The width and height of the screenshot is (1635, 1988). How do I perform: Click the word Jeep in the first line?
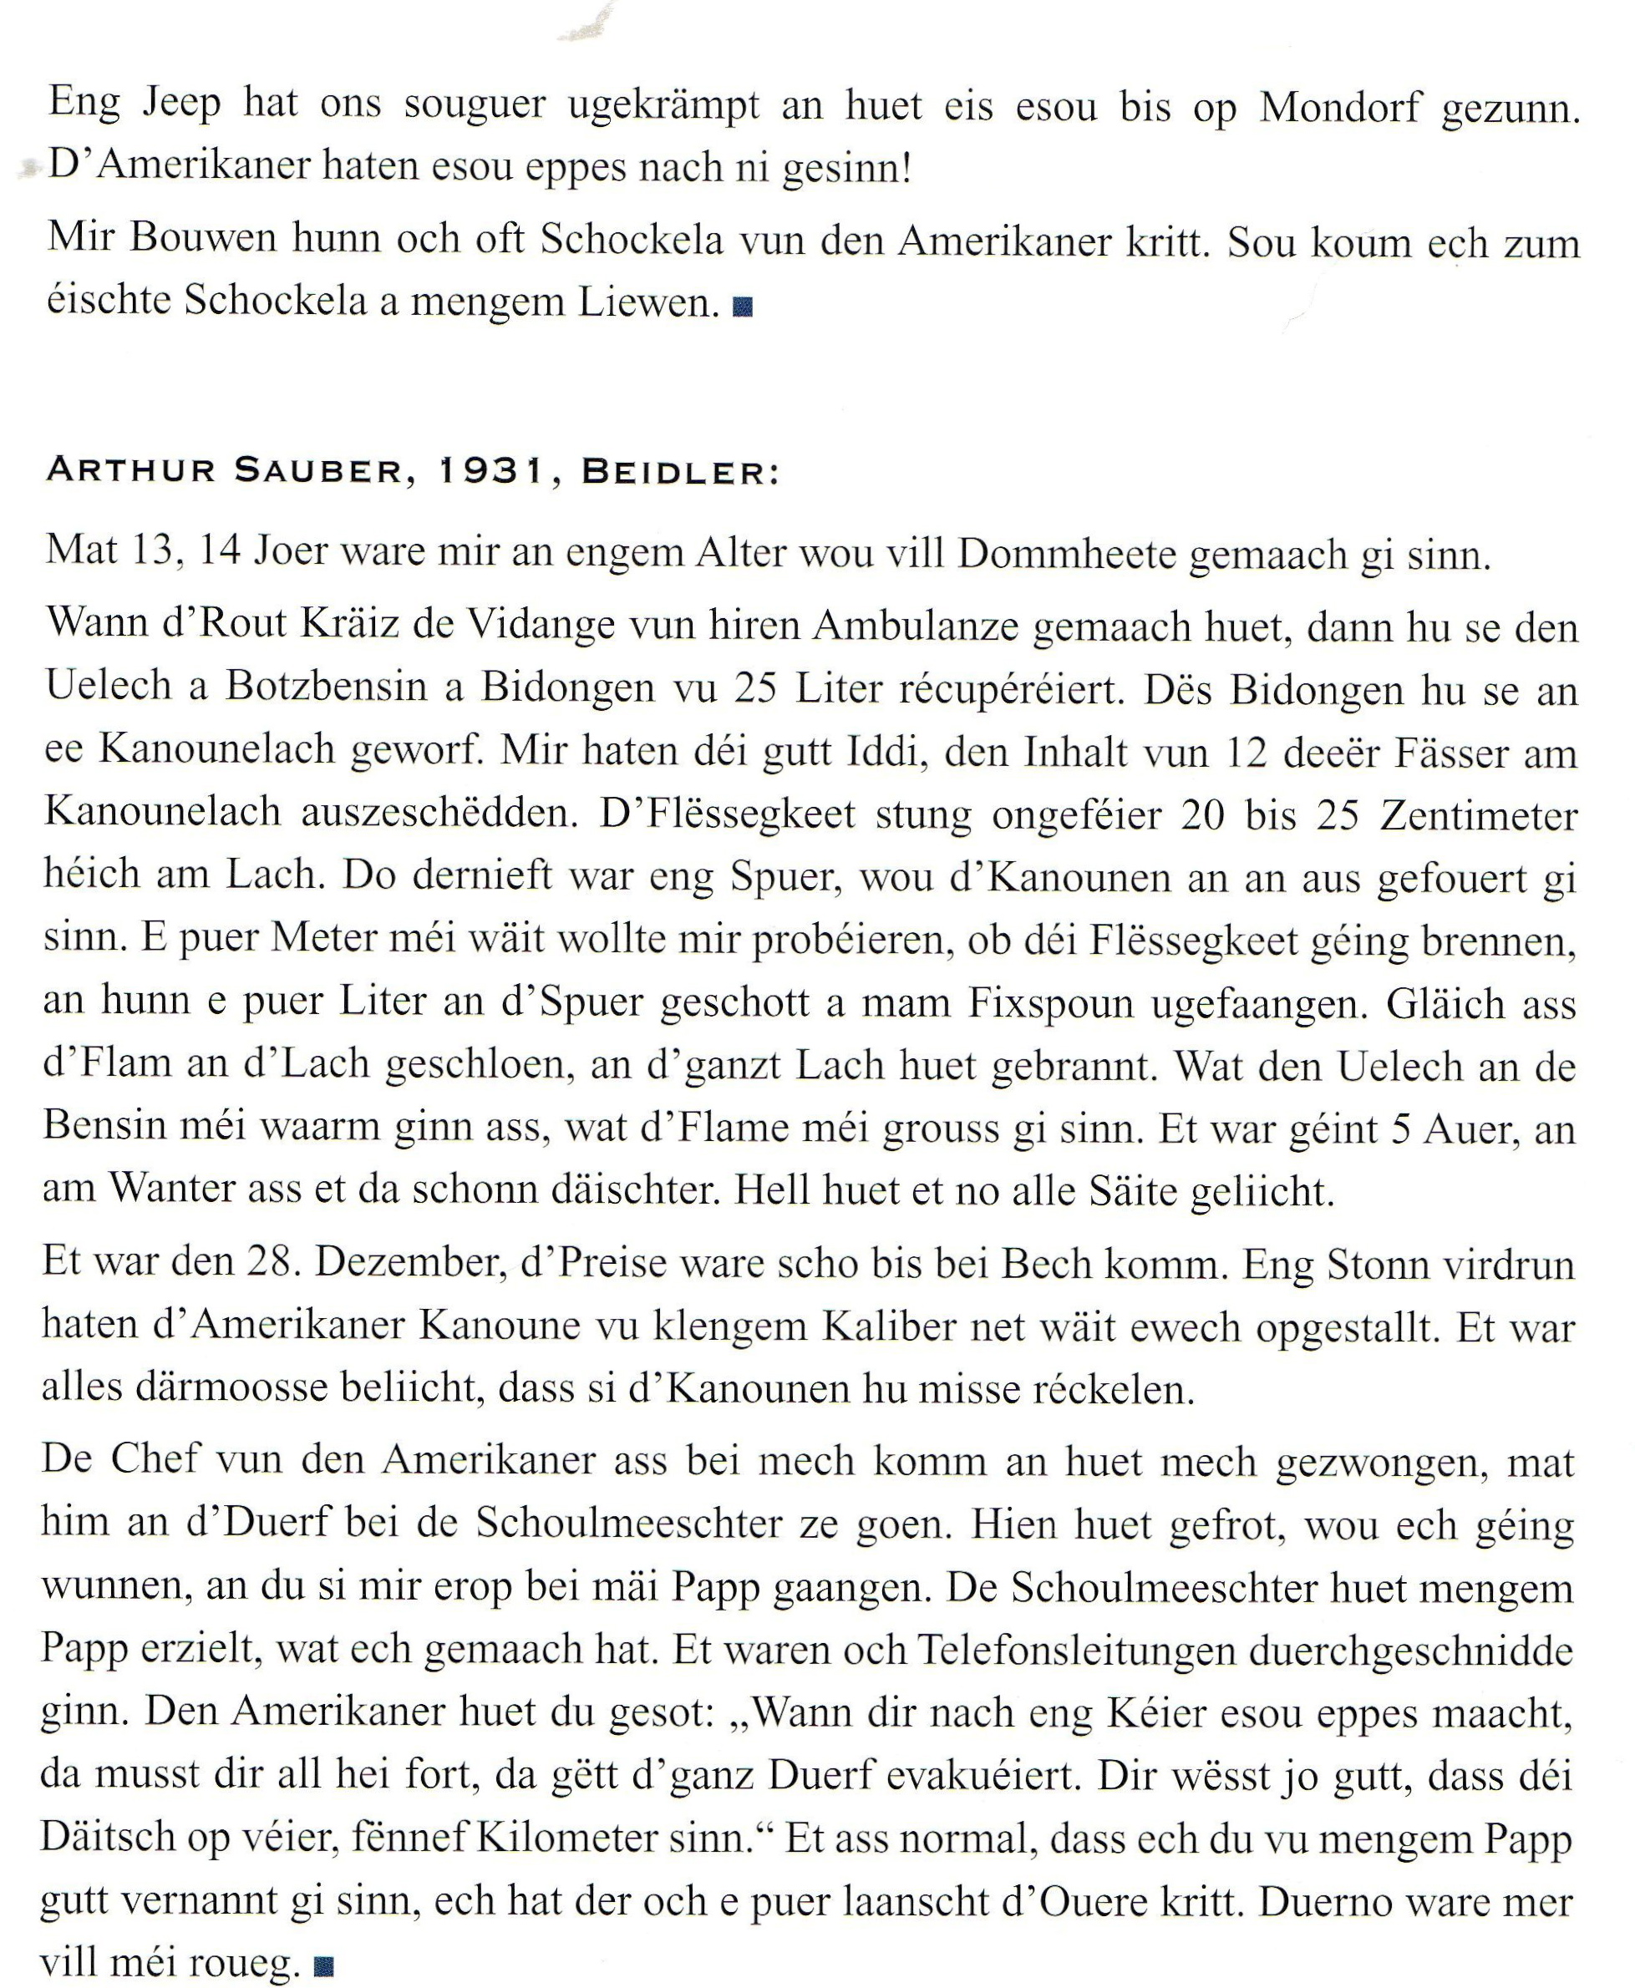pyautogui.click(x=182, y=104)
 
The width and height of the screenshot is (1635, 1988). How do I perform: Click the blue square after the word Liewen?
pyautogui.click(x=742, y=307)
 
